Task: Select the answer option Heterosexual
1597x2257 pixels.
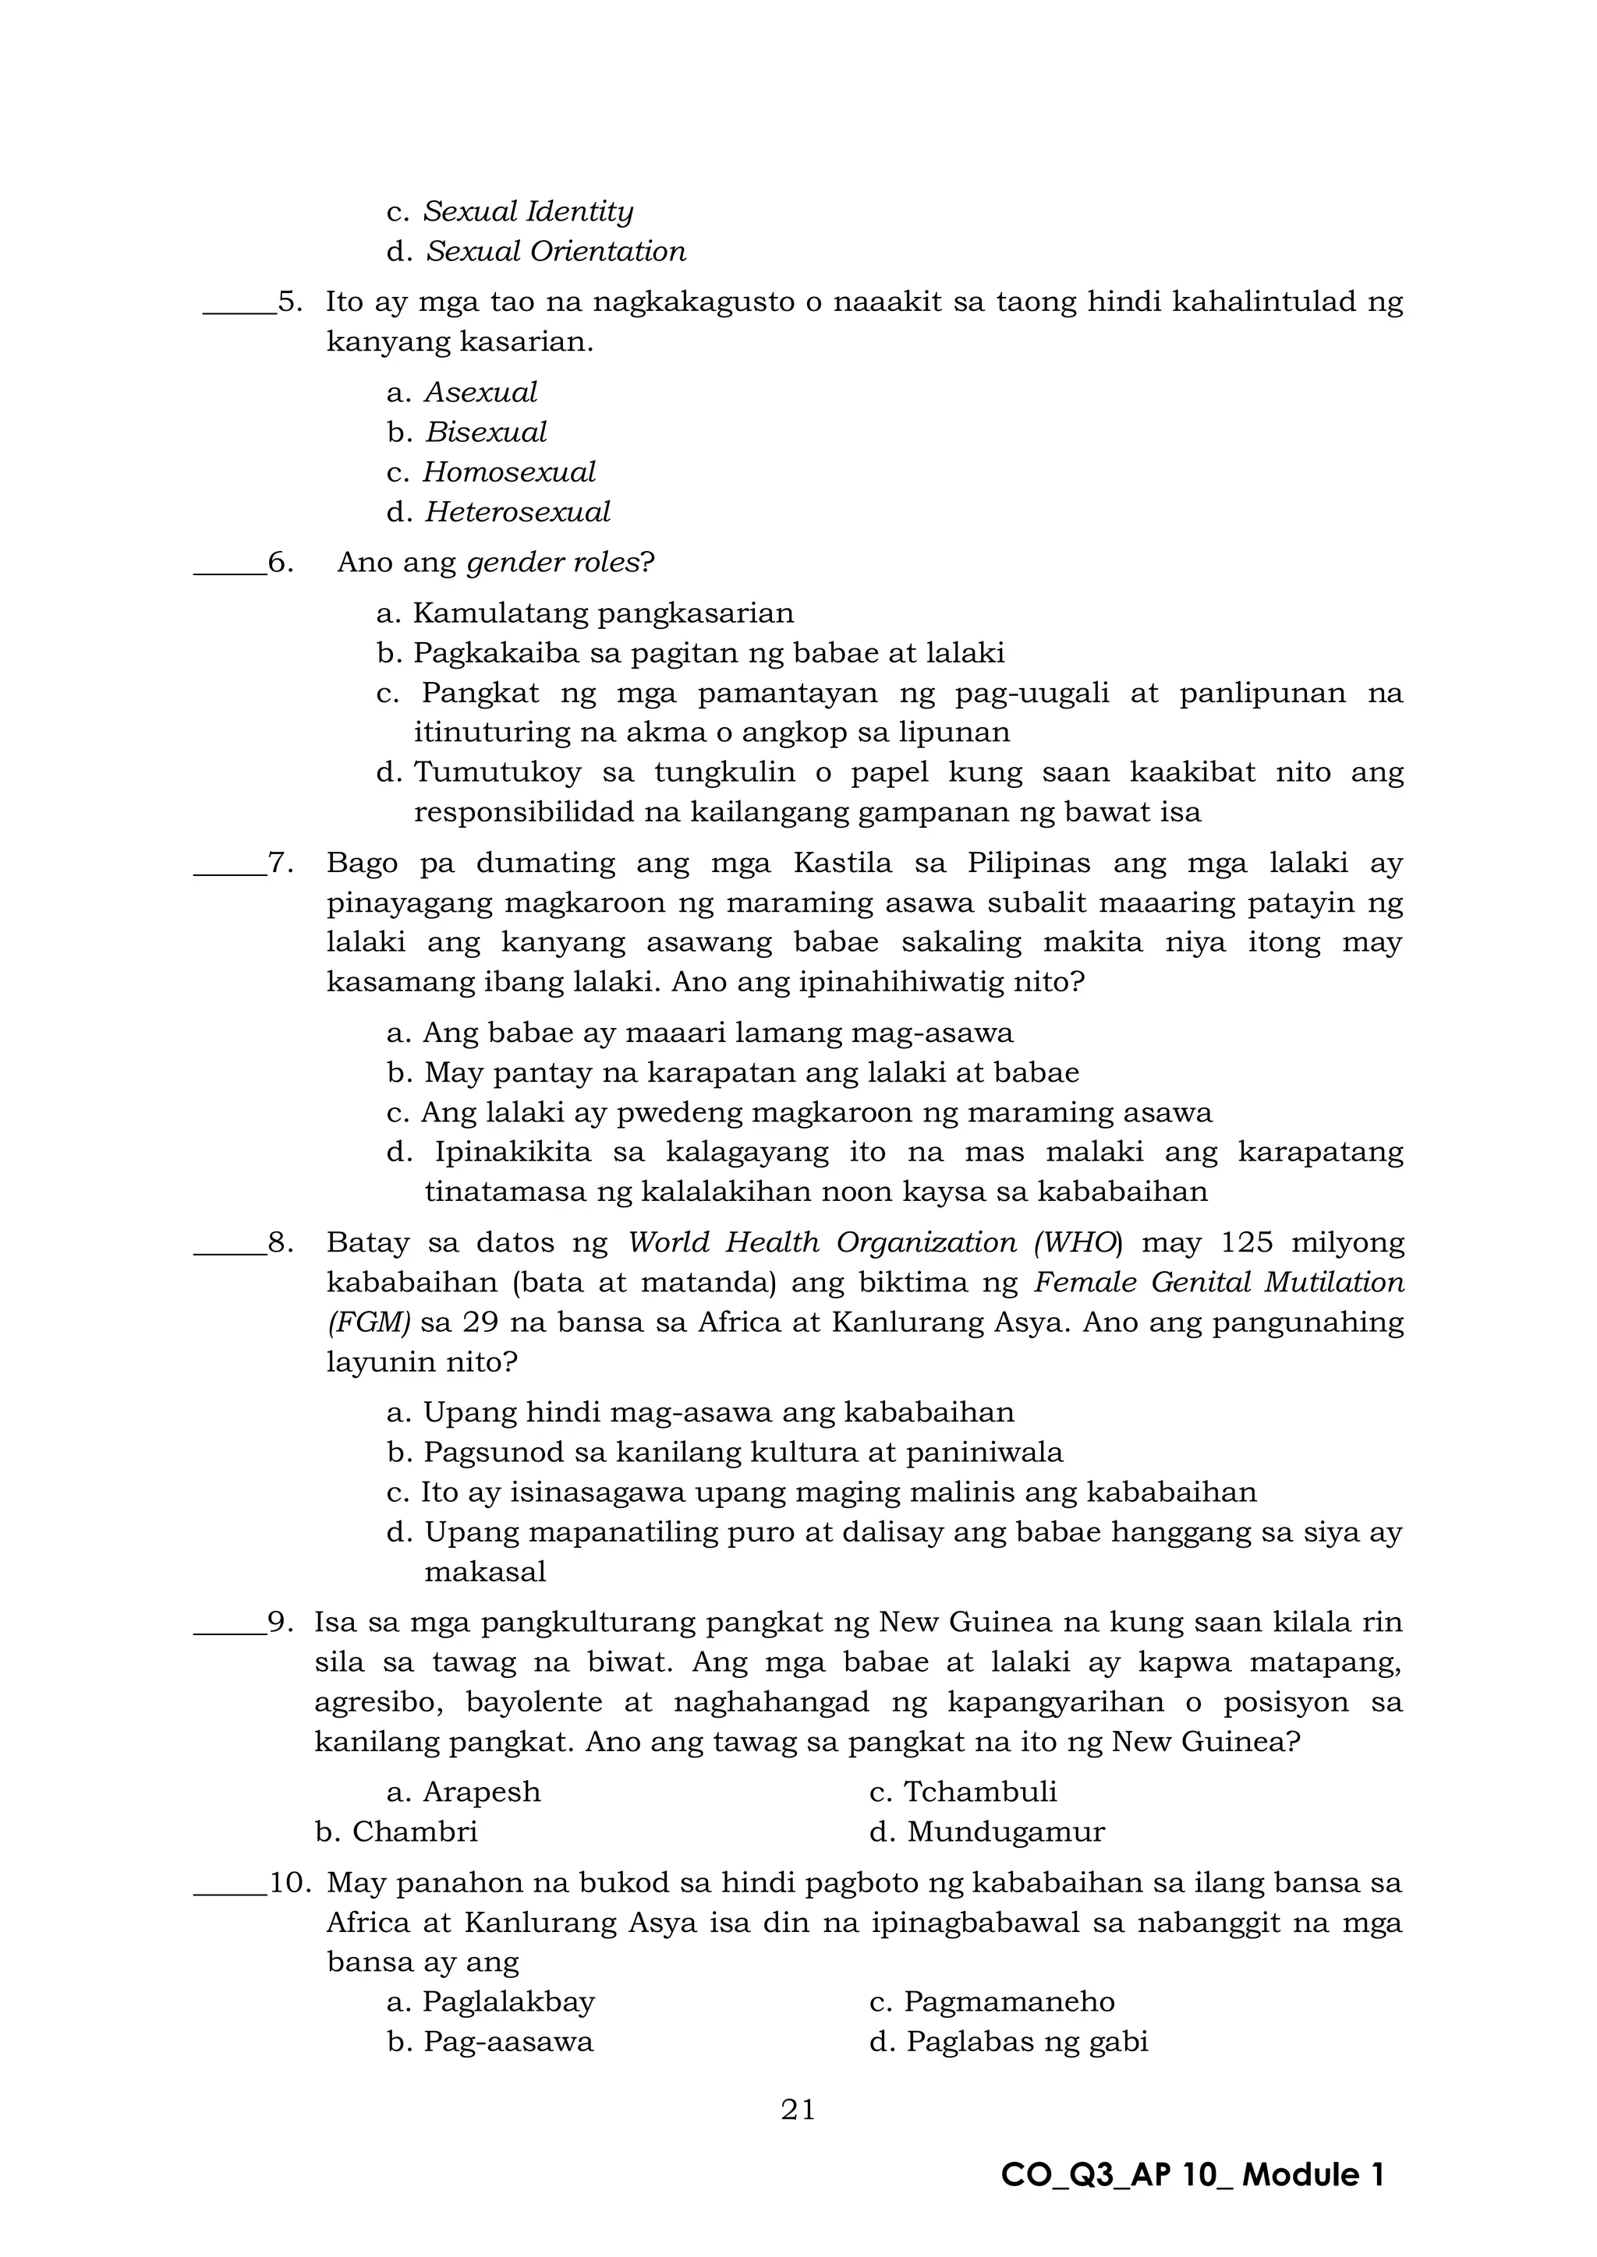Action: (517, 512)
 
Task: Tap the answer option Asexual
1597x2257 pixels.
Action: (481, 392)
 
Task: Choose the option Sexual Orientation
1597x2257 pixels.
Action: (556, 252)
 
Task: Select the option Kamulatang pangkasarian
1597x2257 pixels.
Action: (603, 613)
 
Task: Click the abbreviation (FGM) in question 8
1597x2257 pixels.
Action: (369, 1322)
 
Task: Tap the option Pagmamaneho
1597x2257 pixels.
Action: (1009, 2002)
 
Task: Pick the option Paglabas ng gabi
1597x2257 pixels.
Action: (1027, 2043)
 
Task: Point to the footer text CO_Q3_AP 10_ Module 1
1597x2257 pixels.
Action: (1192, 2175)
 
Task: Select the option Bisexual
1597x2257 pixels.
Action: (486, 433)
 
